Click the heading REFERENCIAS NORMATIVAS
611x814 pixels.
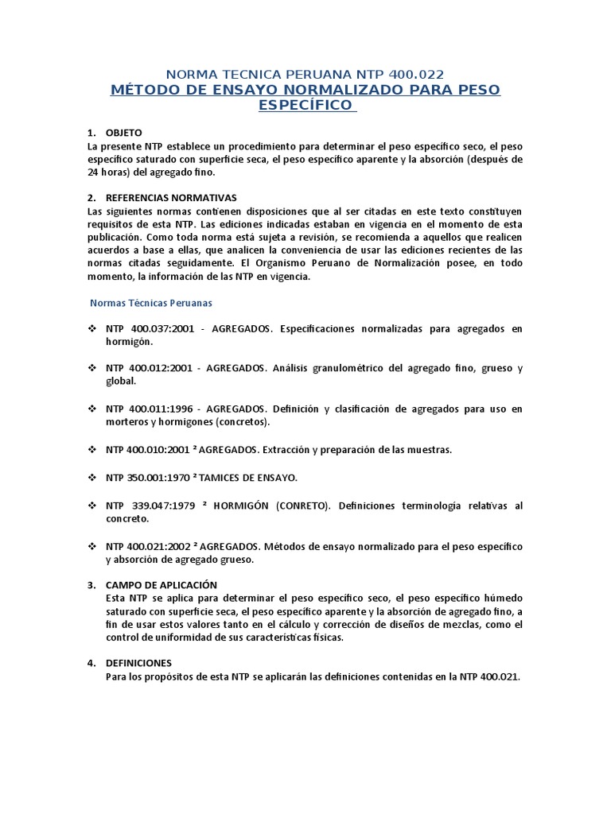coord(171,197)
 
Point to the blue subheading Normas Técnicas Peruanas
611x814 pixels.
coord(150,303)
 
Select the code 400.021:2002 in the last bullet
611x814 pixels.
coord(158,547)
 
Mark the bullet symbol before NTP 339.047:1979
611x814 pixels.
coord(90,506)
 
